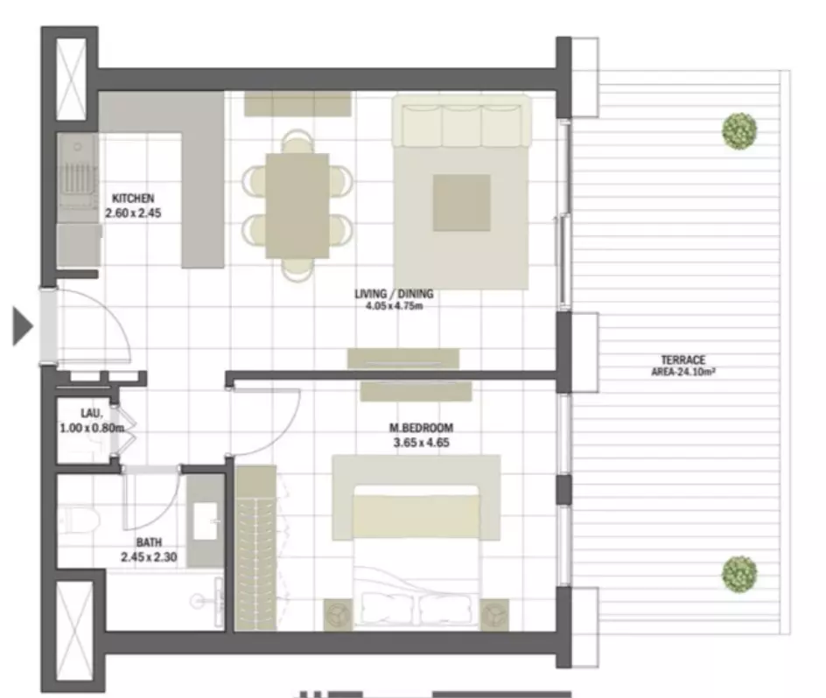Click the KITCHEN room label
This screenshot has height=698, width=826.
tap(133, 199)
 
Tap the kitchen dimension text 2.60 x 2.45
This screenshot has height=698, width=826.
tap(133, 213)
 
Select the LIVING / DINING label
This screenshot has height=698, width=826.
tap(394, 294)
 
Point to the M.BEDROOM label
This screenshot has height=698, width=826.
tap(421, 428)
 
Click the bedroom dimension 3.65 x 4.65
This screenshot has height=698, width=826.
tap(422, 443)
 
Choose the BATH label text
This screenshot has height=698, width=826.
tap(149, 542)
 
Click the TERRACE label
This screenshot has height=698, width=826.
tap(683, 360)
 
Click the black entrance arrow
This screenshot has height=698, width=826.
tap(22, 327)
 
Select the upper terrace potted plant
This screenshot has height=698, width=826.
tap(739, 131)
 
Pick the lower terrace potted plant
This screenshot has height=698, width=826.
tap(739, 574)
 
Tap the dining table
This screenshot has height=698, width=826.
tap(297, 206)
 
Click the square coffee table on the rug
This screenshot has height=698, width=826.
tap(462, 203)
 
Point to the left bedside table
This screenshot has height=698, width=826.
tap(338, 614)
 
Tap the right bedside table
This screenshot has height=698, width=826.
tap(494, 614)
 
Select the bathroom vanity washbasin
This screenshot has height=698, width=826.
tap(206, 521)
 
